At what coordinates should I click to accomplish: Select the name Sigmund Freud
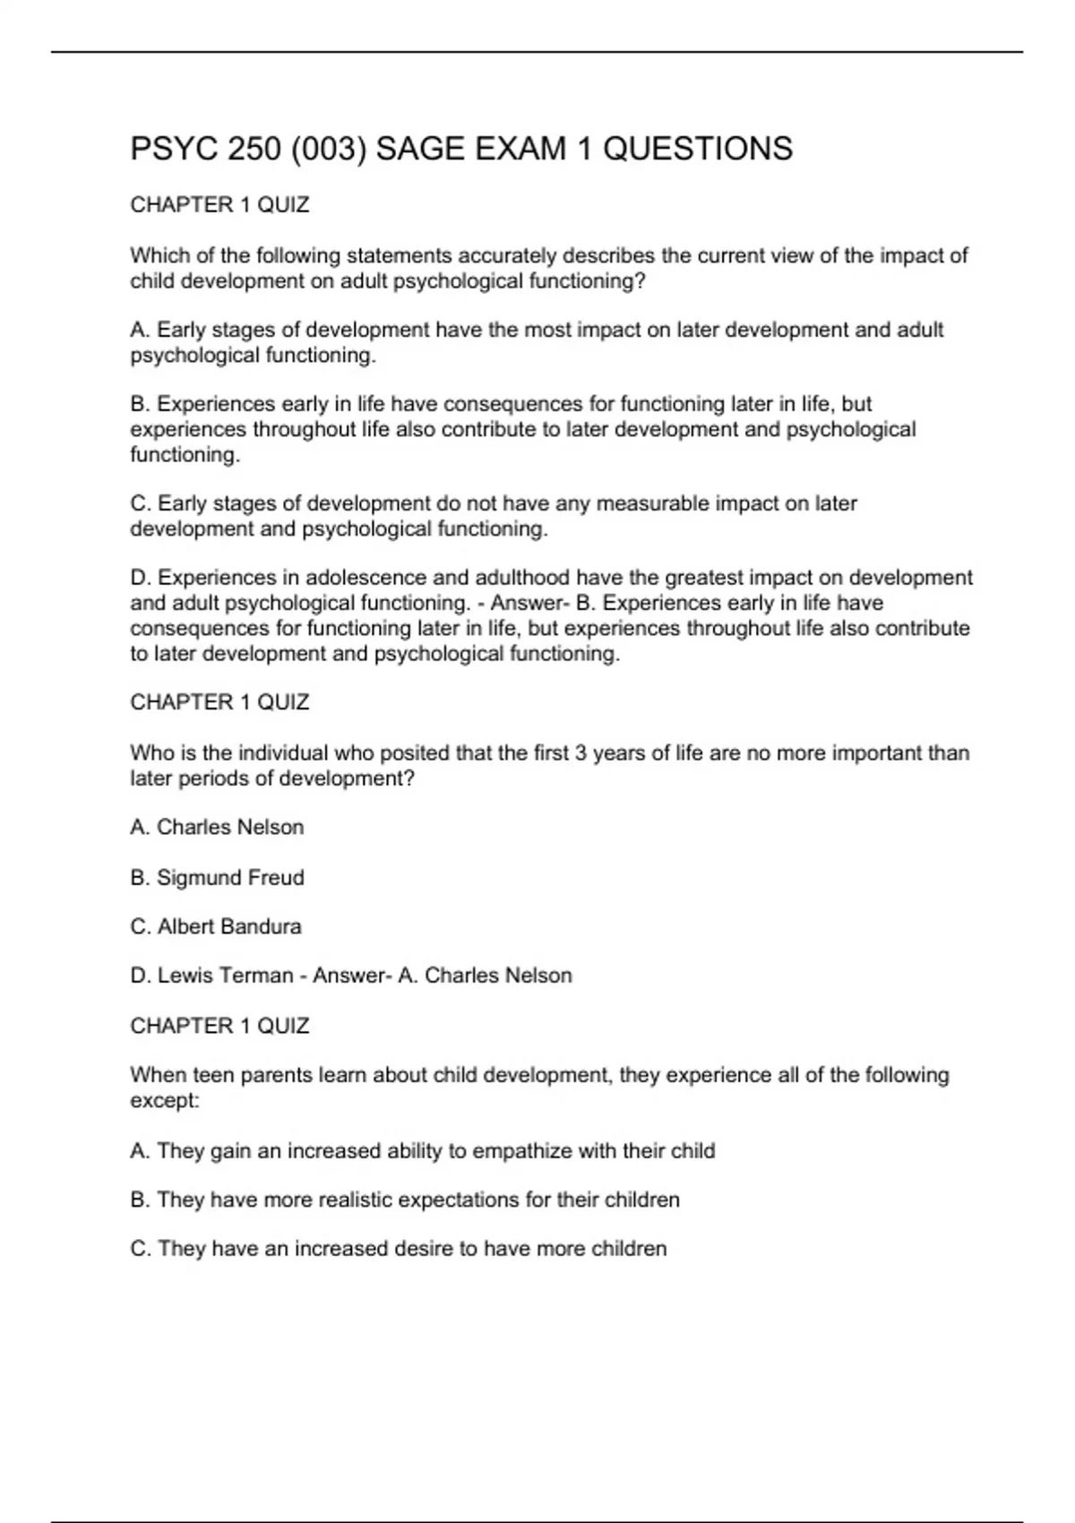pos(230,878)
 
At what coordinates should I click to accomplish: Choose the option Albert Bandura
pos(229,926)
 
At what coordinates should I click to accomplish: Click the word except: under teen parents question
pos(165,1101)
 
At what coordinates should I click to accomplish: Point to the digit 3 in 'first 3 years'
pos(580,753)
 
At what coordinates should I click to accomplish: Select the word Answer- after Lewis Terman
pos(352,976)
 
